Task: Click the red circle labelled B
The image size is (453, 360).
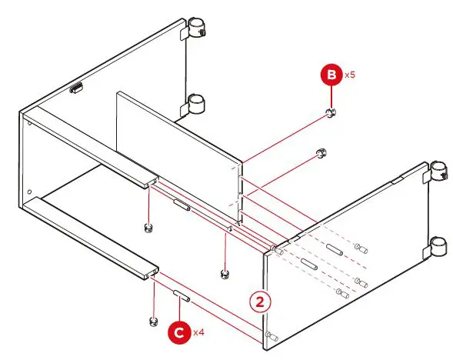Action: click(x=331, y=76)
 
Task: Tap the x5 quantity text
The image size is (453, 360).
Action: click(x=349, y=75)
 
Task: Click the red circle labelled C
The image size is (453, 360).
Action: click(x=178, y=332)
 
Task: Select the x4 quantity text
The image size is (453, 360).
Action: click(x=197, y=332)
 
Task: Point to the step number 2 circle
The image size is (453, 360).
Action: click(x=264, y=302)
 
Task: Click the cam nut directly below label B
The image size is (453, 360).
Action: click(x=331, y=114)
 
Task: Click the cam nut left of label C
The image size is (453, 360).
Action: click(x=152, y=319)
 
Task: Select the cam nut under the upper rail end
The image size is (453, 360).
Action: click(x=148, y=227)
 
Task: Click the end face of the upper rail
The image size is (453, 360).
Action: click(x=148, y=183)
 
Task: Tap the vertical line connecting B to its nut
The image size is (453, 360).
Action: click(x=331, y=98)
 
